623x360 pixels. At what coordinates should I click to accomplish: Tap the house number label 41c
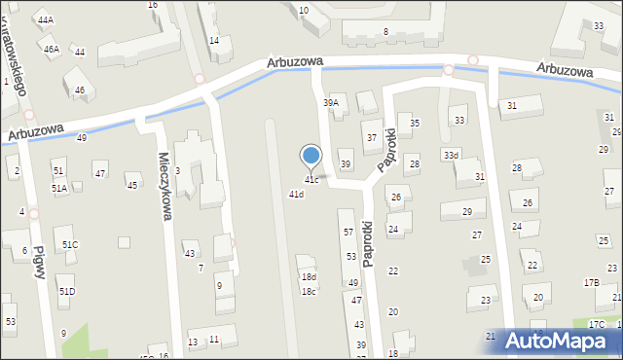point(311,180)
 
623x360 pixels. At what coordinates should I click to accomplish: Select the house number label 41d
point(296,194)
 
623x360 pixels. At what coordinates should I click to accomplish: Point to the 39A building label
point(331,102)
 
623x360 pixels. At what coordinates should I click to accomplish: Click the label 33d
point(450,155)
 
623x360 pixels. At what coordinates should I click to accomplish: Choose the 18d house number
point(309,277)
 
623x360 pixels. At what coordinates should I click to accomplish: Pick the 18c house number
point(309,291)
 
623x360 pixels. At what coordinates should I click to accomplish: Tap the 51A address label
point(59,188)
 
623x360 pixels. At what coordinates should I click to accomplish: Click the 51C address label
point(70,244)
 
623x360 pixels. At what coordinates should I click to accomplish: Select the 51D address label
point(66,291)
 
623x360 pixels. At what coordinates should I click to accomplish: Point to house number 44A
point(45,19)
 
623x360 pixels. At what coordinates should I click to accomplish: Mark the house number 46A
point(51,49)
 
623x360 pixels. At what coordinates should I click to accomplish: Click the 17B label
point(591,282)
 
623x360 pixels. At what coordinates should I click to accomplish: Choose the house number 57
point(348,232)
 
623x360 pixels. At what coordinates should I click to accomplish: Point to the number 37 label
point(371,138)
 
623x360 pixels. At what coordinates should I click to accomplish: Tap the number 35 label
point(415,124)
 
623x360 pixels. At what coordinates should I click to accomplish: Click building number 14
point(213,41)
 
